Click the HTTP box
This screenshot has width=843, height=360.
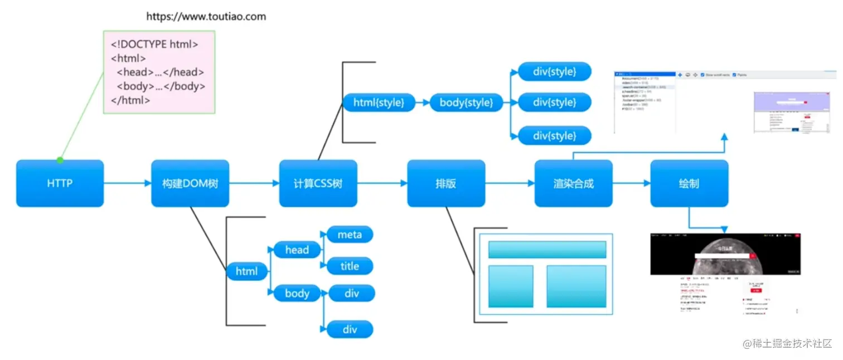60,183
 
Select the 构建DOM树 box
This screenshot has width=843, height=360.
190,183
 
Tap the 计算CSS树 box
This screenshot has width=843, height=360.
318,183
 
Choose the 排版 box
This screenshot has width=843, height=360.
446,183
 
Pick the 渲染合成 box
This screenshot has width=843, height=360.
573,183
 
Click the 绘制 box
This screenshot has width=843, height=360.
689,183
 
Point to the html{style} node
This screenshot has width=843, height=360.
379,103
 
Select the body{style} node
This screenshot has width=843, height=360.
466,103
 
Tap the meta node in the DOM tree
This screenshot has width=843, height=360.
350,235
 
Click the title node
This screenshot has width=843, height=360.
350,266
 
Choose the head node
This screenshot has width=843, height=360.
297,250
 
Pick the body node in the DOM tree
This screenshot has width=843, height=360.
297,293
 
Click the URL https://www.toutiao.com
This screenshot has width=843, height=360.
206,16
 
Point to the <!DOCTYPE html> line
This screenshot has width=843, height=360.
154,44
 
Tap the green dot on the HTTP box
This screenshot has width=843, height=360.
60,160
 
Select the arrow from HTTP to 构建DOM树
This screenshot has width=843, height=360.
127,183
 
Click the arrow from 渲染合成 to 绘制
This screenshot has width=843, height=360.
631,183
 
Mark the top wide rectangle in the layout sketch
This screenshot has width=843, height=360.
547,250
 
